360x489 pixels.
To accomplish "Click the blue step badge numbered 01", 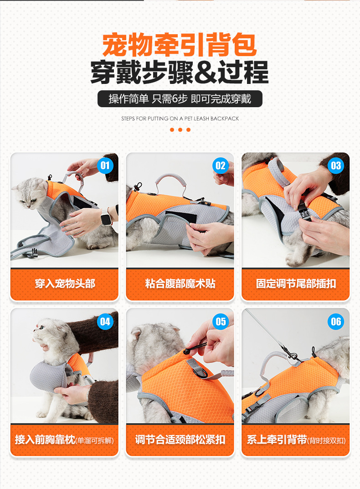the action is coord(105,166).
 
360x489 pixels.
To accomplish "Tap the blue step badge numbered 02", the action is coord(221,166).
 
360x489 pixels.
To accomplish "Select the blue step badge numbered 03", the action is coord(336,166).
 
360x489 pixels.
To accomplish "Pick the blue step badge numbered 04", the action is coord(105,322).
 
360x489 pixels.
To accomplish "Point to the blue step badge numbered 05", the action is coord(221,322).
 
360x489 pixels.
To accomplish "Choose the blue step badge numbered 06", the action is coord(336,322).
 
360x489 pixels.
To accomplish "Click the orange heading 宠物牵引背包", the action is coord(180,45).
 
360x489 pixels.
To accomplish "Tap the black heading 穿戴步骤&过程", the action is coord(180,72).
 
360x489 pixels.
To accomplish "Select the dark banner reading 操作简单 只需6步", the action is coord(180,99).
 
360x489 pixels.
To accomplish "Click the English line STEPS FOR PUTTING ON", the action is coord(180,119).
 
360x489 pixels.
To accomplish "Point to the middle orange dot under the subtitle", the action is coord(180,130).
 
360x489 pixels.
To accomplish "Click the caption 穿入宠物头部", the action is coord(65,283).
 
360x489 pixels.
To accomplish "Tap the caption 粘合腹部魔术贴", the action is coord(180,283).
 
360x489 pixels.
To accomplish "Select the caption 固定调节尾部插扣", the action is coord(296,283).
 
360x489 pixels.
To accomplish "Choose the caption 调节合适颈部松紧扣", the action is coord(180,439).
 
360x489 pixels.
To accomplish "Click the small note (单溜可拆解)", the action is coord(95,441).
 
